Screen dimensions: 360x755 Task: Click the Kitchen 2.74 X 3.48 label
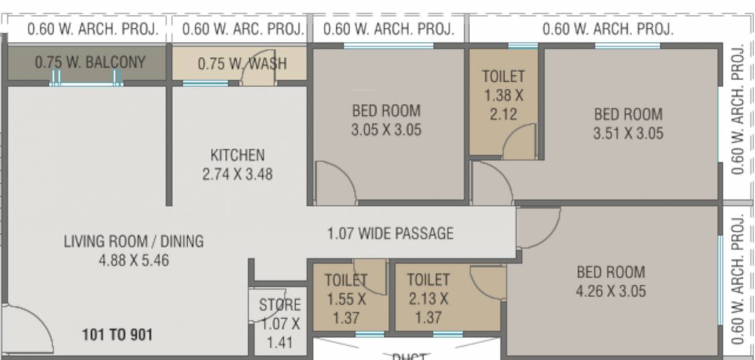click(237, 164)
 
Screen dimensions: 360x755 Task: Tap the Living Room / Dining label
click(133, 250)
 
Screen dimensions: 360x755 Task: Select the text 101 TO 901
click(118, 335)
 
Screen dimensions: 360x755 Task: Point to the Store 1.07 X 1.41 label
click(280, 323)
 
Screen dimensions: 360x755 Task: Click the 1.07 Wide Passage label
click(390, 233)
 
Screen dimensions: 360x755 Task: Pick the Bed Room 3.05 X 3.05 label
click(387, 120)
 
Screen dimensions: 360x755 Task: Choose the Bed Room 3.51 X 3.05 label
click(628, 124)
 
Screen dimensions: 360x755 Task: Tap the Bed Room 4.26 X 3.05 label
click(611, 281)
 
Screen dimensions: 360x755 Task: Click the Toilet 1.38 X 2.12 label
click(503, 95)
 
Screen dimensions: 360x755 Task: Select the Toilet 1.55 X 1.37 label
click(346, 298)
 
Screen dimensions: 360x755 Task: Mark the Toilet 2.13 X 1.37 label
click(428, 298)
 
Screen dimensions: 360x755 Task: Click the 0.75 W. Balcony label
click(90, 62)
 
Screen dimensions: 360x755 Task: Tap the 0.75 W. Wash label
click(242, 64)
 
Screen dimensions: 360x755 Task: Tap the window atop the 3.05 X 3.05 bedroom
click(388, 46)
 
